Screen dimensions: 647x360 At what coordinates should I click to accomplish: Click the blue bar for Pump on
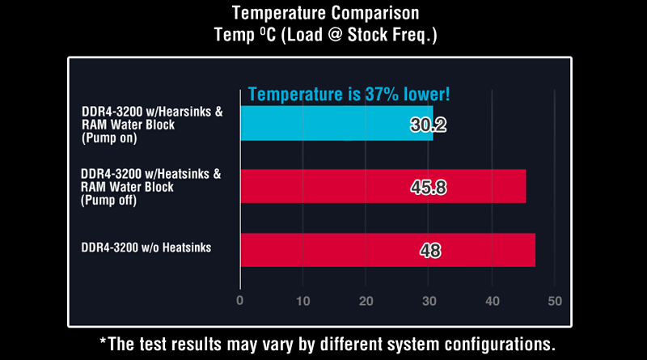(x=336, y=123)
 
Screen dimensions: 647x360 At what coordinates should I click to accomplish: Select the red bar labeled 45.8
(x=383, y=186)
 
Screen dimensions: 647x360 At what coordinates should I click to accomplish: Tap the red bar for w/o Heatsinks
(x=388, y=250)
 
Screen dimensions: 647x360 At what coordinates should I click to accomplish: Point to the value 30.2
(x=429, y=125)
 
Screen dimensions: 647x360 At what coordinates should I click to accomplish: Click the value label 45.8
(x=429, y=188)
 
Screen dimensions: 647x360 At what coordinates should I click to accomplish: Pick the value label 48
(x=430, y=251)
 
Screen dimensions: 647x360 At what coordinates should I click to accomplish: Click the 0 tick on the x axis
(x=239, y=301)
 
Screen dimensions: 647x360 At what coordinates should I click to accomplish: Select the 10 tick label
(x=302, y=301)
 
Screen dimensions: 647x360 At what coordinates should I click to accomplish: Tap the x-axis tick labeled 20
(x=366, y=301)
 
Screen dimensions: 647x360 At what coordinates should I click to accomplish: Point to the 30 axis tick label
(x=429, y=301)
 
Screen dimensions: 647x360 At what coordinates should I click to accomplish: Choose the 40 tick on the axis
(x=493, y=301)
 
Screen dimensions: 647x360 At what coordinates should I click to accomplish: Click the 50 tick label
(x=555, y=301)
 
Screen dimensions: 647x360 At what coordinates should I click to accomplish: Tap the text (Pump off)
(x=108, y=201)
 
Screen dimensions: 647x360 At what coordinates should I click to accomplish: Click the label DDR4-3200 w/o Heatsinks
(x=146, y=248)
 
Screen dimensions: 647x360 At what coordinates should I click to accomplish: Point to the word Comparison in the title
(x=375, y=13)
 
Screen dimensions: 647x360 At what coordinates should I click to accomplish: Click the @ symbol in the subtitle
(x=335, y=35)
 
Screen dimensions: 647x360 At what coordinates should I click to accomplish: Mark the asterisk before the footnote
(x=104, y=341)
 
